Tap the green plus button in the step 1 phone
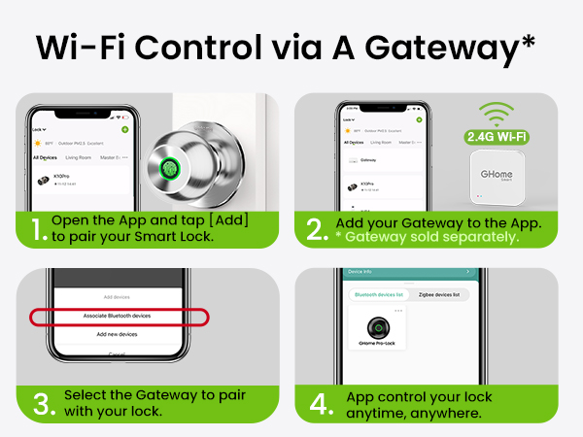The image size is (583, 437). tap(124, 129)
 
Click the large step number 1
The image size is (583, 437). tap(37, 231)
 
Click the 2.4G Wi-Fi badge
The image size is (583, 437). tap(497, 136)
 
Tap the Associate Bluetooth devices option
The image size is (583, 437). tap(116, 316)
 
